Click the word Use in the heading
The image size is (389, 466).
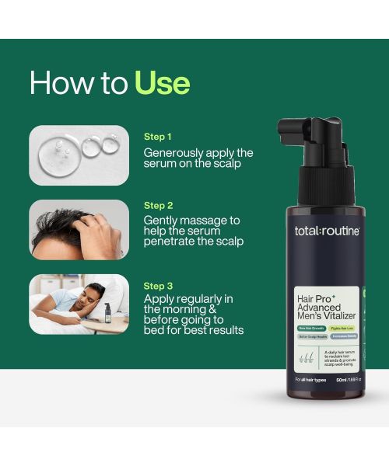click(162, 82)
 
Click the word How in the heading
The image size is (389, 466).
click(63, 82)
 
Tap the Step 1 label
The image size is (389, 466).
click(159, 136)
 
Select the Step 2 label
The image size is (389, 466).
click(159, 206)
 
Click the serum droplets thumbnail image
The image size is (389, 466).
click(79, 155)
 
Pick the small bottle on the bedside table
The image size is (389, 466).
click(107, 313)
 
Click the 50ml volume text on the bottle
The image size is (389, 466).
click(335, 379)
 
